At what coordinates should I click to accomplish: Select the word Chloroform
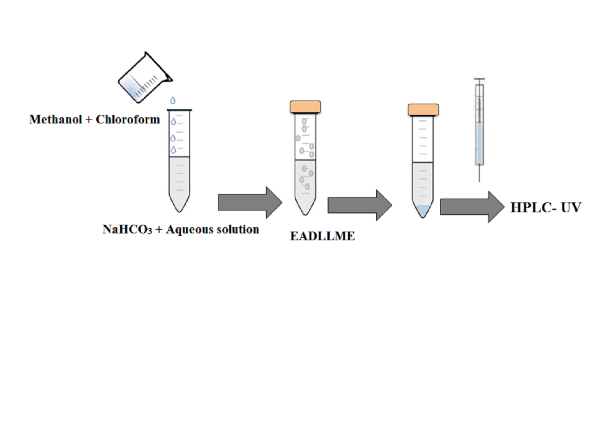click(128, 120)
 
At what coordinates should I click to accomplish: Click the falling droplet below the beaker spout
click(173, 101)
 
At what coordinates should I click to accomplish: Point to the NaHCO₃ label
click(127, 230)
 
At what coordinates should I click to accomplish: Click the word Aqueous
click(189, 230)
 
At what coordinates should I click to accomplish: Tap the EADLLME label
click(322, 236)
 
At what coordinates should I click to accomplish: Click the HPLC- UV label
click(546, 208)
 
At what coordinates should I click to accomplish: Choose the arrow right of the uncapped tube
click(250, 202)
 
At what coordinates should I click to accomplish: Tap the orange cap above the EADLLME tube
click(305, 107)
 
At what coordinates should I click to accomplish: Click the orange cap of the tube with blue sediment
click(423, 110)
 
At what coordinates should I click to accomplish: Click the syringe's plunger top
click(479, 79)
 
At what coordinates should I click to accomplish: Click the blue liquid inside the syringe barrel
click(479, 143)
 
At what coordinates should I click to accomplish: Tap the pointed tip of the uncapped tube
click(179, 209)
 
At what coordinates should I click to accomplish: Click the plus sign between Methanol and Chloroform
click(89, 120)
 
